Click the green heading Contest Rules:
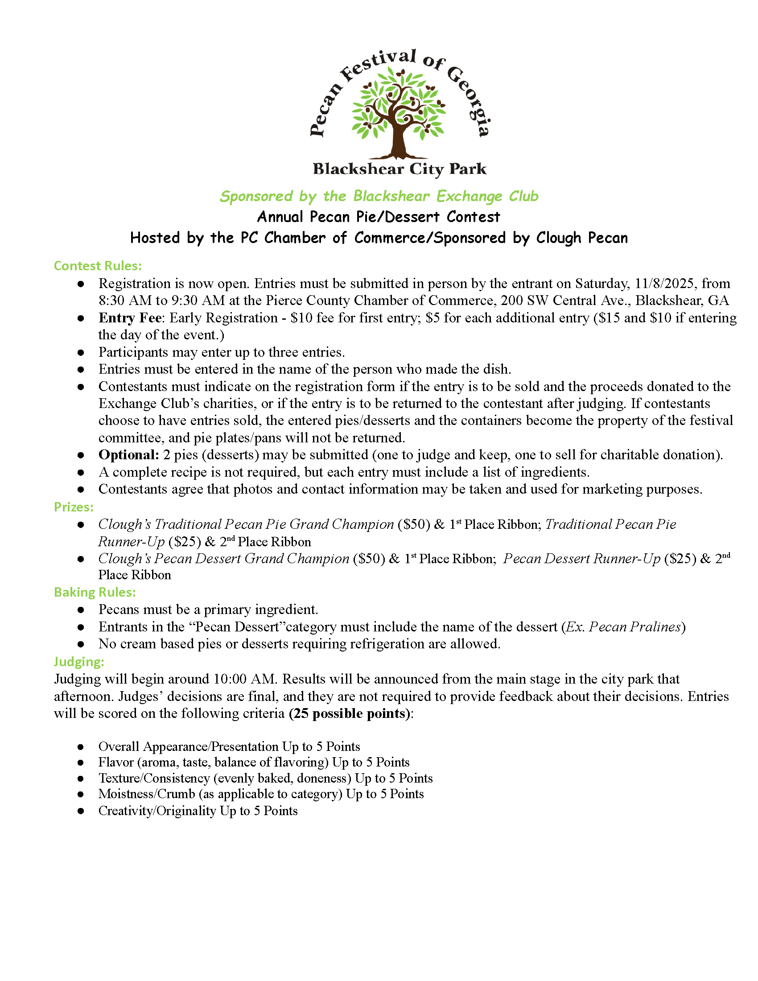tap(98, 266)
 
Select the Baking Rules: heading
tap(95, 592)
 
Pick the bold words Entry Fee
tap(130, 317)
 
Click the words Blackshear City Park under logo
tap(399, 169)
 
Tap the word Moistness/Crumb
tap(146, 794)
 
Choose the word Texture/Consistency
tap(154, 778)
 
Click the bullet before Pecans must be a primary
tap(81, 610)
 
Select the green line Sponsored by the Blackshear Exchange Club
tap(379, 196)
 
